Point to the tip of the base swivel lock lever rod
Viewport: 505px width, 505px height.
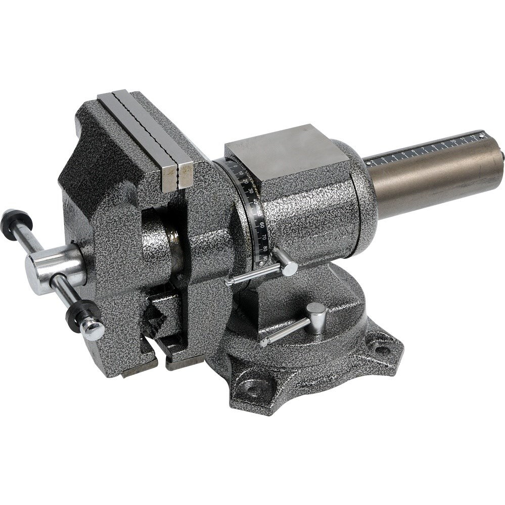coord(264,342)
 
